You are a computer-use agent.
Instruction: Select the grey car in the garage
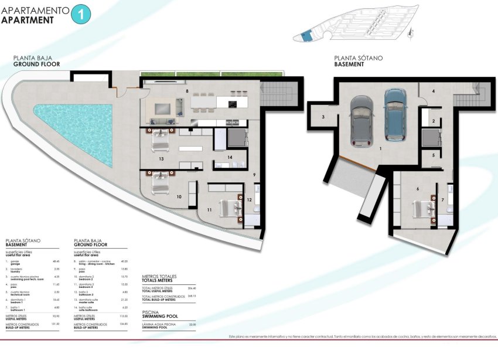tap(359, 120)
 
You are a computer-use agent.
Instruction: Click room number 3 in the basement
tap(323, 117)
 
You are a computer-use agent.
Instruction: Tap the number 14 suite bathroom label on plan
tap(230, 157)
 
